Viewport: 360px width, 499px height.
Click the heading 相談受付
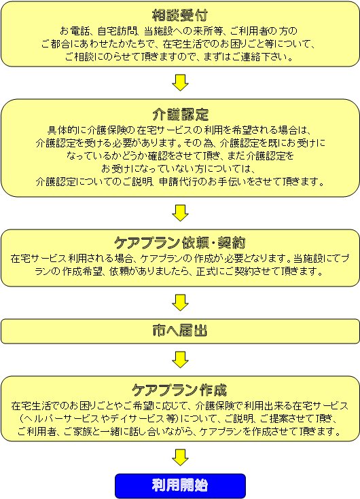180,15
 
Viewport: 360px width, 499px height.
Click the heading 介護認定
180,114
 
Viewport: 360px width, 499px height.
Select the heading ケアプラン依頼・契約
180,243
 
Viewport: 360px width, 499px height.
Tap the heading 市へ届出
180,331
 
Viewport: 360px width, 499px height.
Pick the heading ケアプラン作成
179,390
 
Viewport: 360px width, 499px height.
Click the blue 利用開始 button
180,485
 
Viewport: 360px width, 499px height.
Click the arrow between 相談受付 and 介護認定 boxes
180,83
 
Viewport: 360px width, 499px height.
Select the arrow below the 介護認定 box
180,213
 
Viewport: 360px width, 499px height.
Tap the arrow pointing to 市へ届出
180,303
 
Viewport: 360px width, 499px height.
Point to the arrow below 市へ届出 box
180,360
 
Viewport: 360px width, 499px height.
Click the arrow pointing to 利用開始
180,458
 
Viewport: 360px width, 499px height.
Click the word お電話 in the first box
73,31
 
